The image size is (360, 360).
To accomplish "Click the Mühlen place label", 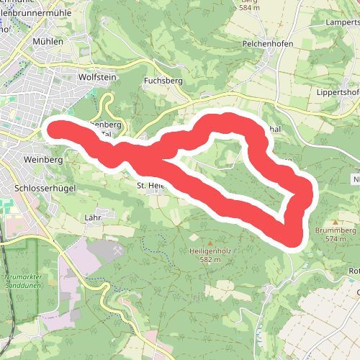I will pyautogui.click(x=48, y=41).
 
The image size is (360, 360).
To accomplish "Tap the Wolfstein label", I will pyautogui.click(x=96, y=75).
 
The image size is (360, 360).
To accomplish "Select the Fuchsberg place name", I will pyautogui.click(x=160, y=80).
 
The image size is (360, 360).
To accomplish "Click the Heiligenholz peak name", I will pyautogui.click(x=210, y=251).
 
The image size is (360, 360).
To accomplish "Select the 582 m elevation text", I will pyautogui.click(x=210, y=260).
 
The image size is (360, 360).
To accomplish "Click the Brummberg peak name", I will pyautogui.click(x=335, y=230).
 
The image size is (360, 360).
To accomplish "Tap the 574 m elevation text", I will pyautogui.click(x=336, y=238).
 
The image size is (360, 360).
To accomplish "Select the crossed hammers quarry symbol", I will pyautogui.click(x=117, y=250).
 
